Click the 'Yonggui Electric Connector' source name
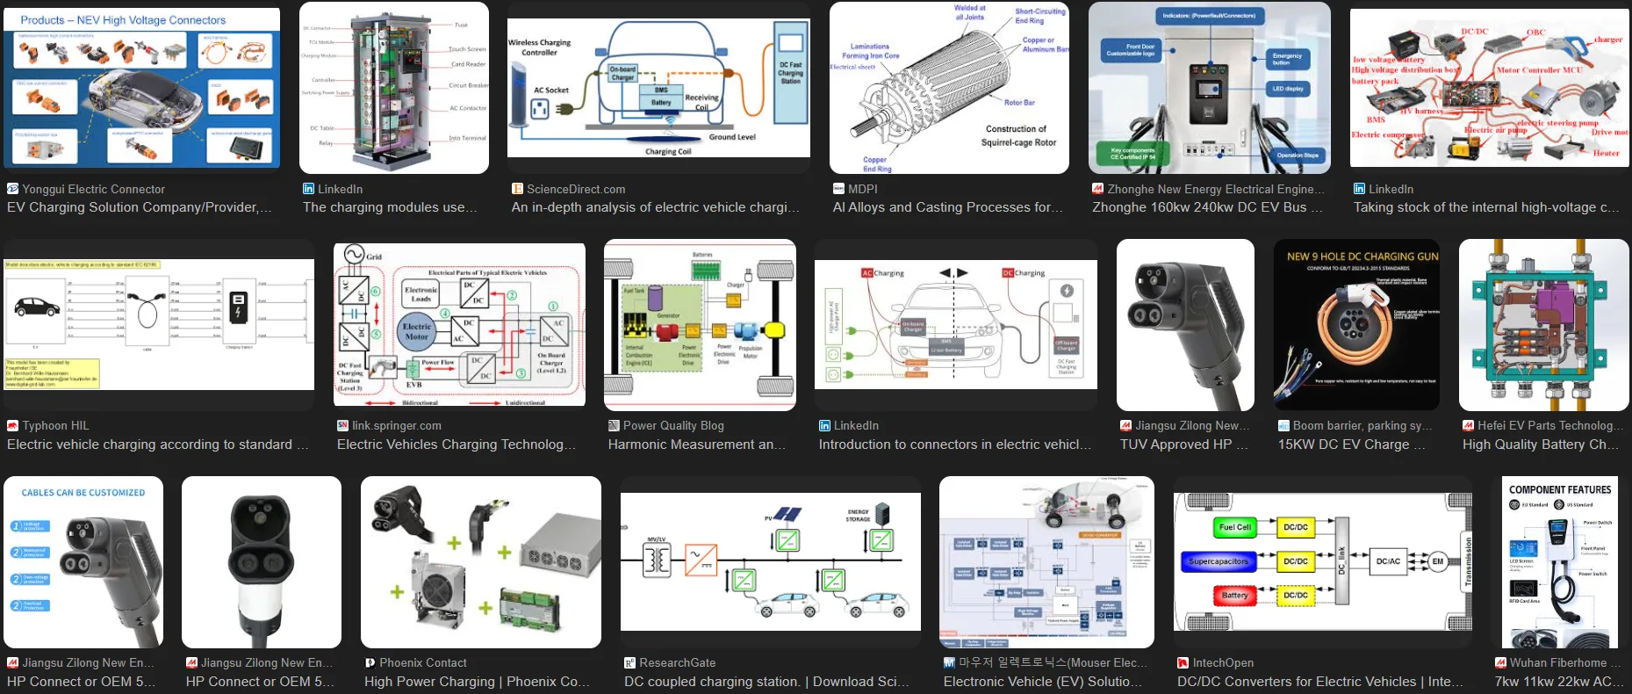(93, 189)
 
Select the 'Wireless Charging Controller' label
(539, 47)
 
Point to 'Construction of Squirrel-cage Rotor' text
(1018, 135)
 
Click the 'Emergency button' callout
(1287, 59)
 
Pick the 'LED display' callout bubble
(1287, 89)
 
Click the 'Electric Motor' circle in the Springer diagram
(417, 331)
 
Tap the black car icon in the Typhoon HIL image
(37, 307)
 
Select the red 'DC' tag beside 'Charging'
(1008, 273)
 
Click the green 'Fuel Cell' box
(1234, 527)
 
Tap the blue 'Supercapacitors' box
(1219, 561)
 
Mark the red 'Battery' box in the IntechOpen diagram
(1234, 596)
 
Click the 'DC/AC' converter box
(1388, 561)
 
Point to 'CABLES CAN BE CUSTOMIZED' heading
(83, 493)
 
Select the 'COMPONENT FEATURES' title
(1560, 490)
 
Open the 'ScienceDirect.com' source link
(576, 189)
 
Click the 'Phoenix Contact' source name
(423, 662)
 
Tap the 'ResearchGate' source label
(677, 662)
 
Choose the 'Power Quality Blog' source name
(673, 425)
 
